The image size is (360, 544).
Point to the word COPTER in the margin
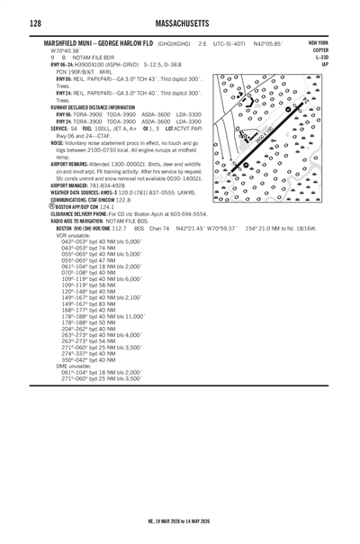320,50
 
